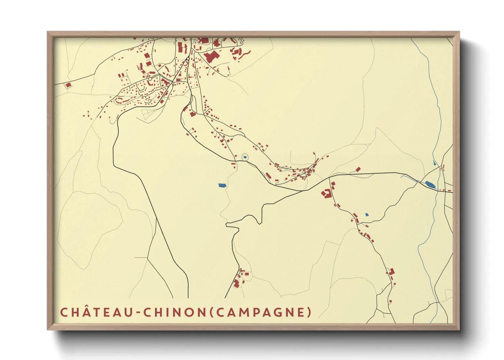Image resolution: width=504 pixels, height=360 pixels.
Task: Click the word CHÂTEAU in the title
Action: pos(95,312)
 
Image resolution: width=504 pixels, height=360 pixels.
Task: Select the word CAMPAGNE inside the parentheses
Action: pos(259,312)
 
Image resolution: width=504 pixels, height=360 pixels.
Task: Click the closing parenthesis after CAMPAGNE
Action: pos(309,312)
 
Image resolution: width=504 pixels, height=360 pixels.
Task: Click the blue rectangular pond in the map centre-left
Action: pos(222,185)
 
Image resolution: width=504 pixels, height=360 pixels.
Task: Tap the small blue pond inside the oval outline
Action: pos(245,157)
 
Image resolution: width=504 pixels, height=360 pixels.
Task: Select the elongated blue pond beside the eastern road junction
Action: pos(430,185)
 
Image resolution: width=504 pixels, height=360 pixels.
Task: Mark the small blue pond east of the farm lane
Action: pos(367,215)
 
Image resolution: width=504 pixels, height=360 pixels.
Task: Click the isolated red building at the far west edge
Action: pos(68,85)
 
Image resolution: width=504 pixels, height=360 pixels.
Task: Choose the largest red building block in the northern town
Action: pos(211,56)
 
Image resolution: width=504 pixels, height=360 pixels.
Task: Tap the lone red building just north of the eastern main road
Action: pos(358,169)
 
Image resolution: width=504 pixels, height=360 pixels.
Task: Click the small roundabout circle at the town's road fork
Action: pos(188,59)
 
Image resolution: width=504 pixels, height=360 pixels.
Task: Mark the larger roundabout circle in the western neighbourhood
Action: pos(150,79)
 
